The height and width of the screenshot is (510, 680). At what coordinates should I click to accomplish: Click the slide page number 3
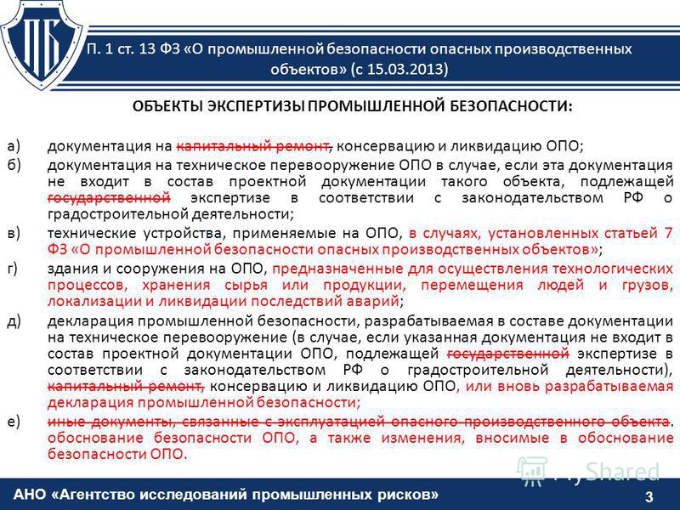(649, 496)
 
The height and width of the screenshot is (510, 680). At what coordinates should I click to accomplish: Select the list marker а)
(14, 146)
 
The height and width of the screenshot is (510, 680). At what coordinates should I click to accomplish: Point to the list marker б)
(14, 165)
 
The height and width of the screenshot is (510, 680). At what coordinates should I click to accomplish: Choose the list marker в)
(14, 233)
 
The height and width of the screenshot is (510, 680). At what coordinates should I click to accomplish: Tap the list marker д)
(14, 321)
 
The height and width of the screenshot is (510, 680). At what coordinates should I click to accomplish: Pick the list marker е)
(14, 422)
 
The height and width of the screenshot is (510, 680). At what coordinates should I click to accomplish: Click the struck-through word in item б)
(109, 198)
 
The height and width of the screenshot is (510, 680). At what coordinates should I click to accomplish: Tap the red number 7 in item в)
(668, 233)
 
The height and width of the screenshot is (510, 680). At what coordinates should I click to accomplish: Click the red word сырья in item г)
(246, 286)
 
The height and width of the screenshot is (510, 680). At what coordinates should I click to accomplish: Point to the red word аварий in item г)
(372, 301)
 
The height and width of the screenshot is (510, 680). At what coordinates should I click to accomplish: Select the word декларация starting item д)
(86, 321)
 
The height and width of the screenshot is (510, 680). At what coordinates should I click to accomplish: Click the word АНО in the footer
(30, 495)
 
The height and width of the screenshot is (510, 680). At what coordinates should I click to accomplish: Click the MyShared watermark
(588, 472)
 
